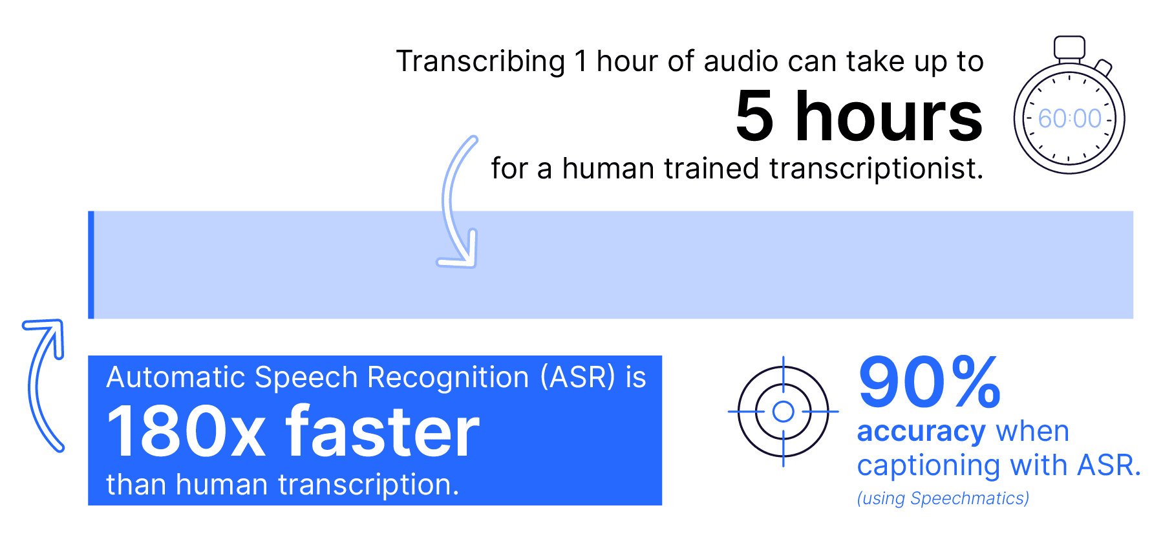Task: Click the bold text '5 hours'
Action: point(859,116)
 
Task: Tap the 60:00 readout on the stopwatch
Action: point(1069,119)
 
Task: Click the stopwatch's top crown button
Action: point(1069,47)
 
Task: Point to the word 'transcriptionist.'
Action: point(876,169)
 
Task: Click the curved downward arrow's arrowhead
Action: point(460,252)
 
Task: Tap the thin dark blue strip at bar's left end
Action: point(91,265)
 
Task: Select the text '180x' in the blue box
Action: point(186,432)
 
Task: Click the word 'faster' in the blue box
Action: point(383,430)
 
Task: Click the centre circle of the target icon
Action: point(784,411)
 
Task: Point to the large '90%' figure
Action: point(930,383)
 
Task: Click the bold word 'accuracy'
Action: point(921,432)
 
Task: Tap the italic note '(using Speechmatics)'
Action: point(943,498)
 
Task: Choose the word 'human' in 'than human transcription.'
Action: point(222,485)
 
